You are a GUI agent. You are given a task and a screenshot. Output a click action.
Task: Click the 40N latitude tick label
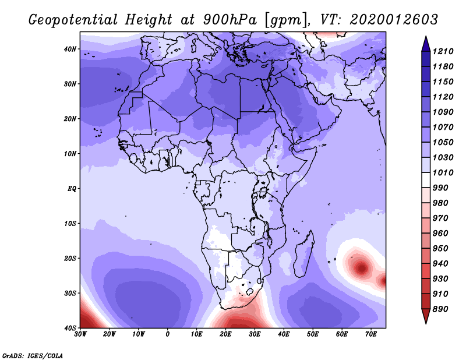(x=70, y=49)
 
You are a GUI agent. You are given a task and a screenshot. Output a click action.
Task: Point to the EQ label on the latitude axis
(x=72, y=189)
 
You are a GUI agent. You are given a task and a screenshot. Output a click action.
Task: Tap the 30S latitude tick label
(x=70, y=294)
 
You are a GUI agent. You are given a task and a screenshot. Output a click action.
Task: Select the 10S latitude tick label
(x=70, y=224)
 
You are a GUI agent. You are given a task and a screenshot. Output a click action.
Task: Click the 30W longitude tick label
(x=80, y=334)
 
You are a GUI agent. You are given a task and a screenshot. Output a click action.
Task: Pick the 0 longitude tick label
(x=168, y=334)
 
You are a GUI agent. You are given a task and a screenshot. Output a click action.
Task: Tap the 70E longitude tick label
(x=371, y=334)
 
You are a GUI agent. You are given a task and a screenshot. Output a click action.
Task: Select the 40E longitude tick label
(x=284, y=334)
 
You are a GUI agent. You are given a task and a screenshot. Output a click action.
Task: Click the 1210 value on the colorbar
(x=443, y=51)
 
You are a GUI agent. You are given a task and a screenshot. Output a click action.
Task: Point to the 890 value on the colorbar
(x=440, y=309)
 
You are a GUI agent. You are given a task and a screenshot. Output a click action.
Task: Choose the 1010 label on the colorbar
(x=443, y=172)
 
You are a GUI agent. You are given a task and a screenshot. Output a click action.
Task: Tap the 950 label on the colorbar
(x=440, y=249)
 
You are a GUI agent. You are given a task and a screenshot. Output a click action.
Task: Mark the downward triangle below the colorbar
(x=426, y=316)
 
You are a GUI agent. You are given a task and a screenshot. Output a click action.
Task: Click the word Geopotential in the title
(x=73, y=20)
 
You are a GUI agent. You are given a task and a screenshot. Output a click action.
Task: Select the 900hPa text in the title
(x=230, y=20)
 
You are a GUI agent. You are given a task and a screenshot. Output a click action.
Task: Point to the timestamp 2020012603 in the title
(x=394, y=20)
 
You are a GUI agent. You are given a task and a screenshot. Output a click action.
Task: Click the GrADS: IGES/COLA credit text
(x=33, y=355)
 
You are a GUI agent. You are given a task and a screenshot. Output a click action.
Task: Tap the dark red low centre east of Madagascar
(x=362, y=268)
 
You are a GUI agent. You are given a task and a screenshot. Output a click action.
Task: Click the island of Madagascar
(x=304, y=254)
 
